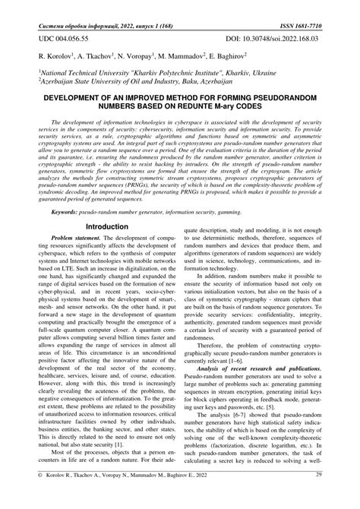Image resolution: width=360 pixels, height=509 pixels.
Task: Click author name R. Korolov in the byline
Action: [x=54, y=56]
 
